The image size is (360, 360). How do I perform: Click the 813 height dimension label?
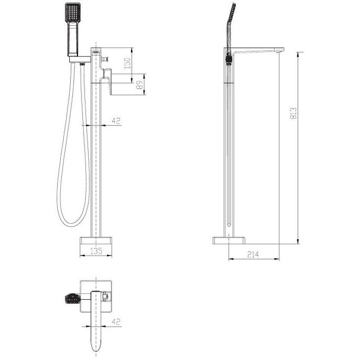[x=294, y=113]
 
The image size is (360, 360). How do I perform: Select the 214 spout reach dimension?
[x=253, y=254]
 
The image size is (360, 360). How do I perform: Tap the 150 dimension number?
[x=127, y=63]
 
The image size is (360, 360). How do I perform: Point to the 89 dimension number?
[x=139, y=85]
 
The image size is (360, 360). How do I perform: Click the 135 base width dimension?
[x=96, y=251]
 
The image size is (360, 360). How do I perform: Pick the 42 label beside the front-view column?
[x=116, y=121]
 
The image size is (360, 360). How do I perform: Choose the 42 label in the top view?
[x=116, y=322]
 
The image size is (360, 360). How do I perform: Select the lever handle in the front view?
[x=108, y=81]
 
